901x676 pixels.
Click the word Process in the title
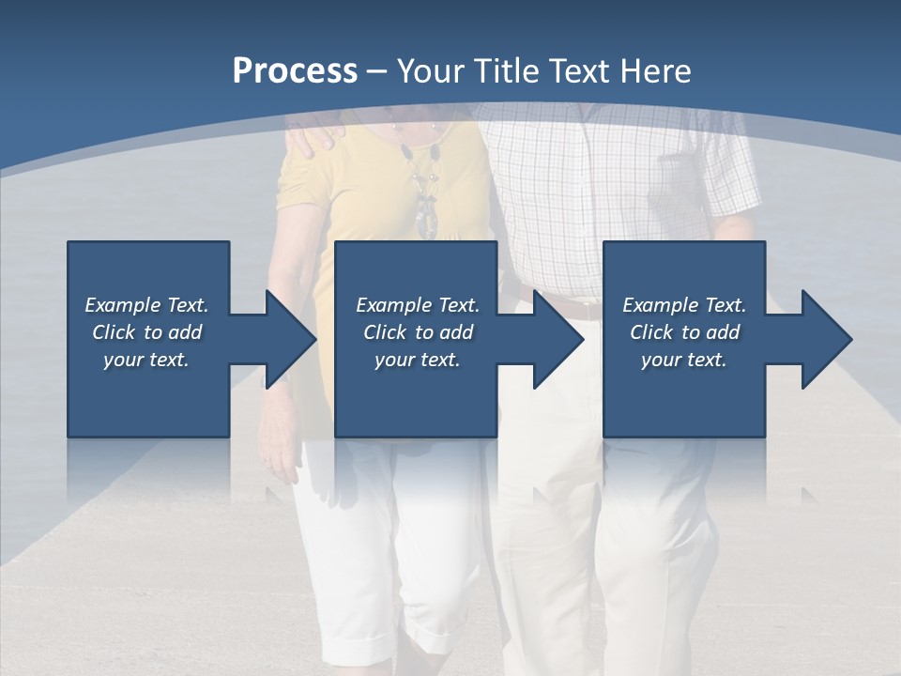click(x=295, y=71)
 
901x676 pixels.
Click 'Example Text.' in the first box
click(x=146, y=305)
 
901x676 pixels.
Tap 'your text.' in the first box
click(x=146, y=360)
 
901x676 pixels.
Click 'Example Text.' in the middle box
click(x=418, y=305)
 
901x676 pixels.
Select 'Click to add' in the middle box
click(x=418, y=332)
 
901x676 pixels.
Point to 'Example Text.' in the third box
click(x=684, y=305)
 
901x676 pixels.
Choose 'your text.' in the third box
click(x=684, y=360)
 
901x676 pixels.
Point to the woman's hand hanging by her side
click(x=279, y=455)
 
